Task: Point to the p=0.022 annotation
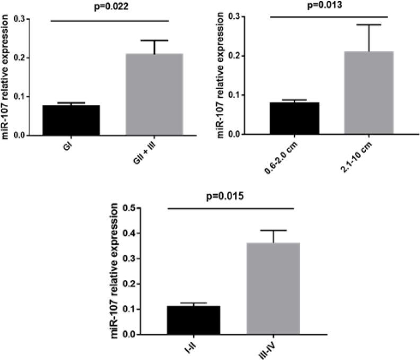pos(109,7)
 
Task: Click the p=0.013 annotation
pos(329,6)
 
